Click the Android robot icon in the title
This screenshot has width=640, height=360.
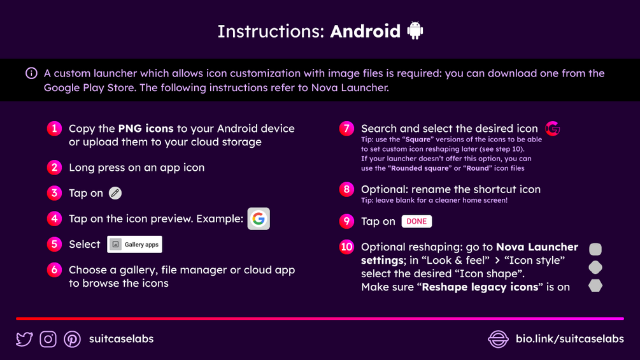coord(415,31)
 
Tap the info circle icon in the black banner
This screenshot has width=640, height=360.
coord(31,73)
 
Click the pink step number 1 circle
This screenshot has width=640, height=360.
coord(54,129)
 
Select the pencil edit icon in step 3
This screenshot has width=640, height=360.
coord(115,193)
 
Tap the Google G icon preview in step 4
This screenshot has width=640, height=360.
coord(259,219)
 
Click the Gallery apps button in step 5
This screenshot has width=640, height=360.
coord(135,244)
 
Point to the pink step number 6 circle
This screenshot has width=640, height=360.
coord(54,270)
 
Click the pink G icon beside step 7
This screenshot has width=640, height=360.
coord(553,129)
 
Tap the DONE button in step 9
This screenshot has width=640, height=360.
coord(416,221)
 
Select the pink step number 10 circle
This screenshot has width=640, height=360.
coord(346,247)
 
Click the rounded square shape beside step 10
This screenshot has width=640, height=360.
coord(595,249)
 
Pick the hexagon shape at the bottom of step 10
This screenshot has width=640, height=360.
coord(595,285)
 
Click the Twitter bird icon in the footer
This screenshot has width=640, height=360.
coord(24,339)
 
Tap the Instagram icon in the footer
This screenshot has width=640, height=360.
coord(48,339)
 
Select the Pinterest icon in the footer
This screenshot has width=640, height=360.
coord(72,339)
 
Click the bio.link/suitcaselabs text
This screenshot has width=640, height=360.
coord(570,339)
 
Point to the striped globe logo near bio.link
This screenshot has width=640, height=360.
coord(499,339)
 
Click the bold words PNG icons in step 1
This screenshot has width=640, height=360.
coord(146,129)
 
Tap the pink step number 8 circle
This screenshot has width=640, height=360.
coord(346,189)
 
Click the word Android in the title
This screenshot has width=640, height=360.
coord(366,31)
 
